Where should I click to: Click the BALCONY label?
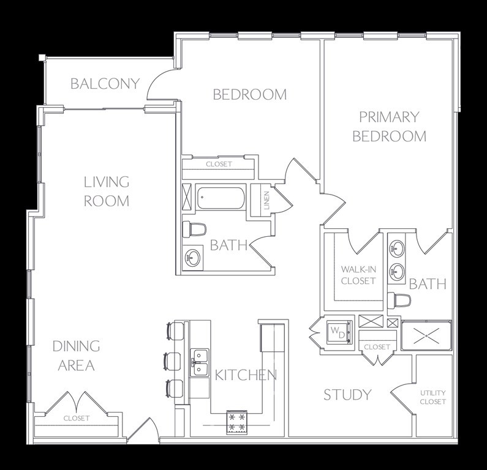point(105,83)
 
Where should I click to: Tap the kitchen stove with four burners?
point(237,422)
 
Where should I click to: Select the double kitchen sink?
point(200,362)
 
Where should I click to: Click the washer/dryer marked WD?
point(340,332)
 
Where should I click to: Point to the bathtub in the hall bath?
point(221,198)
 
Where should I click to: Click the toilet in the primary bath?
point(399,300)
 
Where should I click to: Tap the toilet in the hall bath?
point(194,229)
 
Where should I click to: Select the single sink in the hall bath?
point(192,258)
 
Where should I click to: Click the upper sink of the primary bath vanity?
point(397,248)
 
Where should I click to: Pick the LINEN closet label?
point(267,200)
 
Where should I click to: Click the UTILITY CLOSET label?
point(433,397)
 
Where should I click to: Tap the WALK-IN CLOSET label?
point(358,275)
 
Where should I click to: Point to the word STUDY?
point(347,395)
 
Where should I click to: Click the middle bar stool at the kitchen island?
point(173,361)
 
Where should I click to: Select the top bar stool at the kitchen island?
point(175,331)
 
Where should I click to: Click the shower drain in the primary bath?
point(427,336)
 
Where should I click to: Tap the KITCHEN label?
point(246,375)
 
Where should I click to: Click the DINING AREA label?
point(76,356)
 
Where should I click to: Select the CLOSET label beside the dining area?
point(77,418)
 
